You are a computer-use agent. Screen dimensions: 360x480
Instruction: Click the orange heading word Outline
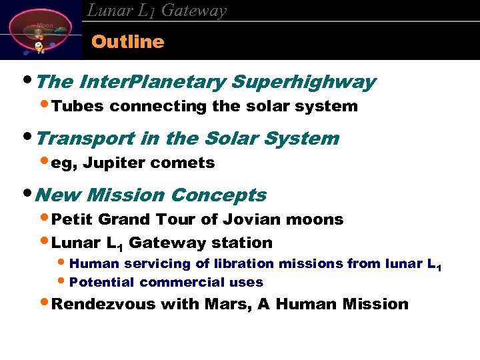pyautogui.click(x=127, y=42)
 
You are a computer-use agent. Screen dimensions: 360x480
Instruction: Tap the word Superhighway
pyautogui.click(x=303, y=83)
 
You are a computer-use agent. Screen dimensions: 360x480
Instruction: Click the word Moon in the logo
pyautogui.click(x=45, y=26)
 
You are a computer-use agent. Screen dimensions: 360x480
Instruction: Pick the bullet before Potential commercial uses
pyautogui.click(x=63, y=281)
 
